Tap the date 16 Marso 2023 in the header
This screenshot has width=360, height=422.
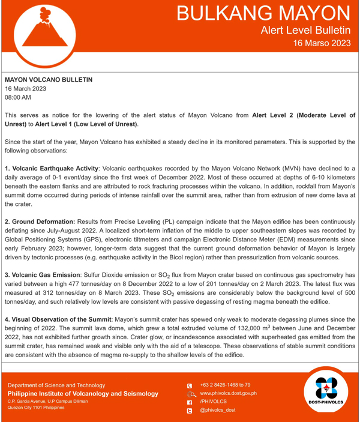click(322, 43)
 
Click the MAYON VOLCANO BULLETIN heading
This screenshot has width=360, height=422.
click(49, 79)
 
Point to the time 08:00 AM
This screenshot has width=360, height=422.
click(18, 97)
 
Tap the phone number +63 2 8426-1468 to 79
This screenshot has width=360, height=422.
click(225, 385)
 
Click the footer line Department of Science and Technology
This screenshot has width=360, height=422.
click(56, 385)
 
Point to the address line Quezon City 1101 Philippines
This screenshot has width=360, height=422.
click(36, 407)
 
